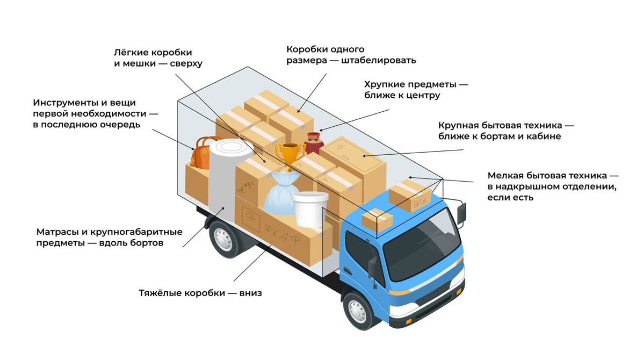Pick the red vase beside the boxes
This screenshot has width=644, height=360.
click(313, 143)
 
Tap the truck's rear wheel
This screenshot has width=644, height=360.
click(222, 238)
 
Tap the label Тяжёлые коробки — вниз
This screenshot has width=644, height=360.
click(200, 294)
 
